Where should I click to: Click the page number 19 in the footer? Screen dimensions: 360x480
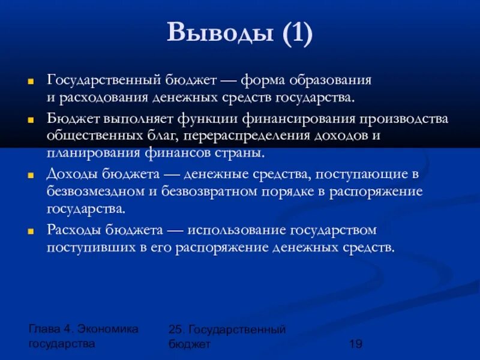(355, 343)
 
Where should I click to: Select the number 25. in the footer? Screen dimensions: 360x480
(177, 329)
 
